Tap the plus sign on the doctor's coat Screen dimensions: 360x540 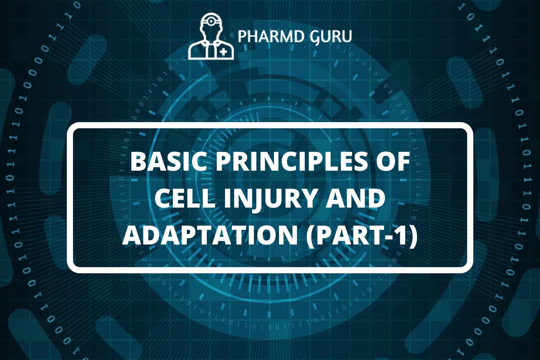(223, 52)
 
